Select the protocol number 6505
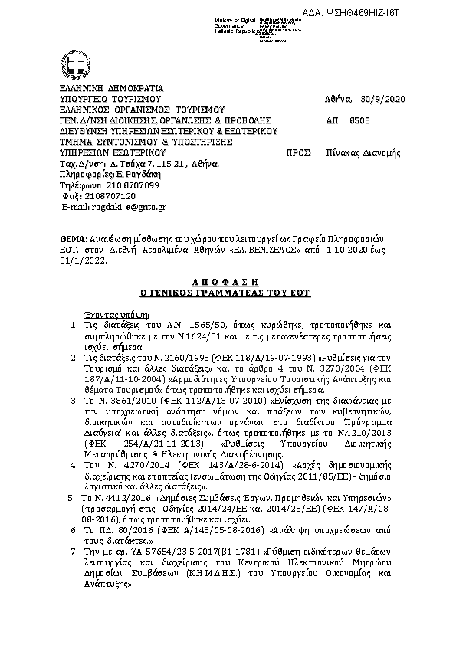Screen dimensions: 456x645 click(x=359, y=120)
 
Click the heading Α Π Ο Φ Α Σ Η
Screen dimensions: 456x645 click(x=228, y=282)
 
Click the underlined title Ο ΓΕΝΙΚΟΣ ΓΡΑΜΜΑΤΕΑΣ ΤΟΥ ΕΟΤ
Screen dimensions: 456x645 click(x=228, y=293)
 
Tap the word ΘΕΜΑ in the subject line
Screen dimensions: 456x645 click(x=74, y=239)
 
